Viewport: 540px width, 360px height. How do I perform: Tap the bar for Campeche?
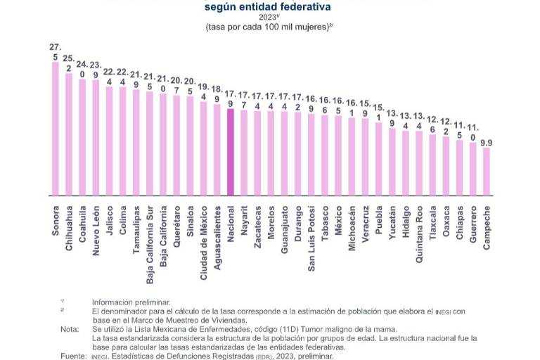tap(486, 172)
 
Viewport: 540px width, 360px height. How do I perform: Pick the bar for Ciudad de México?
tap(204, 148)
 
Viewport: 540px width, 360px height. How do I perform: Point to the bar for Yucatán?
tap(392, 162)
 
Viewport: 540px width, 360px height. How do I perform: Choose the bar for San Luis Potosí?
tap(311, 155)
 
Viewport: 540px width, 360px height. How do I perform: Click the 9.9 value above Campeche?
tap(486, 143)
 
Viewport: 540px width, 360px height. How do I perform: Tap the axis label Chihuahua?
tap(69, 225)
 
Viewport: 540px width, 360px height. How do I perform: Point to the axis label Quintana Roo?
tap(420, 235)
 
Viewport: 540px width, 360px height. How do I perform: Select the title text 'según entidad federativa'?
tap(267, 8)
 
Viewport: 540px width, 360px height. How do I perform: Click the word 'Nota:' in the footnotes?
tap(70, 329)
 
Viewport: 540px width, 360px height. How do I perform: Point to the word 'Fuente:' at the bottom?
tap(73, 356)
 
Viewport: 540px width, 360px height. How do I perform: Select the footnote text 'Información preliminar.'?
tap(131, 302)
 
